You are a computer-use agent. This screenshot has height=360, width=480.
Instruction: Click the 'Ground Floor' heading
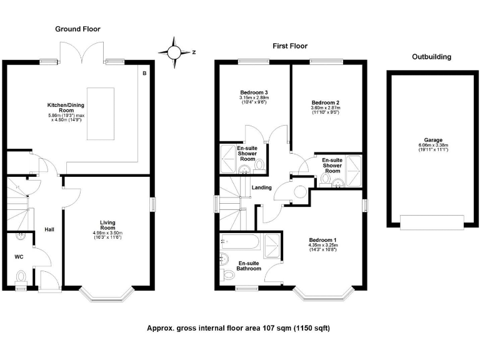pyautogui.click(x=77, y=29)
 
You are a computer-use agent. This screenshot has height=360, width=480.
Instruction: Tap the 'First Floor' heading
pyautogui.click(x=289, y=46)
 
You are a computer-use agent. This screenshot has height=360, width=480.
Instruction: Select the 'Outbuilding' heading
pyautogui.click(x=431, y=57)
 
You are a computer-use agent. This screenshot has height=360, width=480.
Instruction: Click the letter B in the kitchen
pyautogui.click(x=144, y=74)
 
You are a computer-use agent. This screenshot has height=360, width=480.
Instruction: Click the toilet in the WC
pyautogui.click(x=21, y=276)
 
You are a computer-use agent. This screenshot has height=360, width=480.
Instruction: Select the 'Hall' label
pyautogui.click(x=49, y=230)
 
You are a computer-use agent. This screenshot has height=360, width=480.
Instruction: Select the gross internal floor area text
pyautogui.click(x=238, y=328)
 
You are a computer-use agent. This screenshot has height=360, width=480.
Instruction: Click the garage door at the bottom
pyautogui.click(x=431, y=221)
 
